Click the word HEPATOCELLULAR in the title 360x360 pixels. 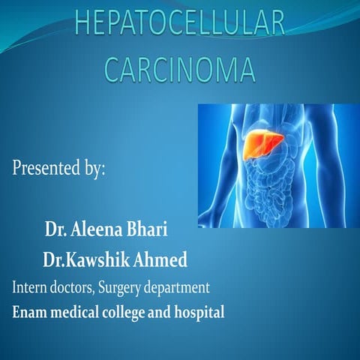click(x=179, y=25)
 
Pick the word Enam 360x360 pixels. click(x=29, y=310)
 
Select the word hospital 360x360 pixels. click(x=200, y=311)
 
